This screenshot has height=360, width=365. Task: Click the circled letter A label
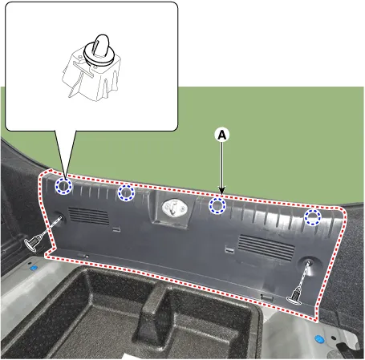[222, 135]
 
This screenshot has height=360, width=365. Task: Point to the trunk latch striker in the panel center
[174, 208]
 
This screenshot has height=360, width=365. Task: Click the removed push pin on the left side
[34, 242]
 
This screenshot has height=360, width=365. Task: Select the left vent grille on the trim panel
[89, 216]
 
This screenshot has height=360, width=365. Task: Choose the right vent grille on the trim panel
[266, 248]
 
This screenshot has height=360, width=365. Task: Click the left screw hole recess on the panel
[59, 217]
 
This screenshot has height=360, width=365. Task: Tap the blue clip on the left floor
[34, 268]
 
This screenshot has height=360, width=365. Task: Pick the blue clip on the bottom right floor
[319, 339]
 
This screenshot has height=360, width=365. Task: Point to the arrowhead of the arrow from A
[222, 190]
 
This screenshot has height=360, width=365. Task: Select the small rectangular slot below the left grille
[116, 229]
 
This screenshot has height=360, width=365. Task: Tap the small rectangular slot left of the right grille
[229, 249]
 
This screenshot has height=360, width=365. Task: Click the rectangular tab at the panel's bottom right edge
[266, 297]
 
